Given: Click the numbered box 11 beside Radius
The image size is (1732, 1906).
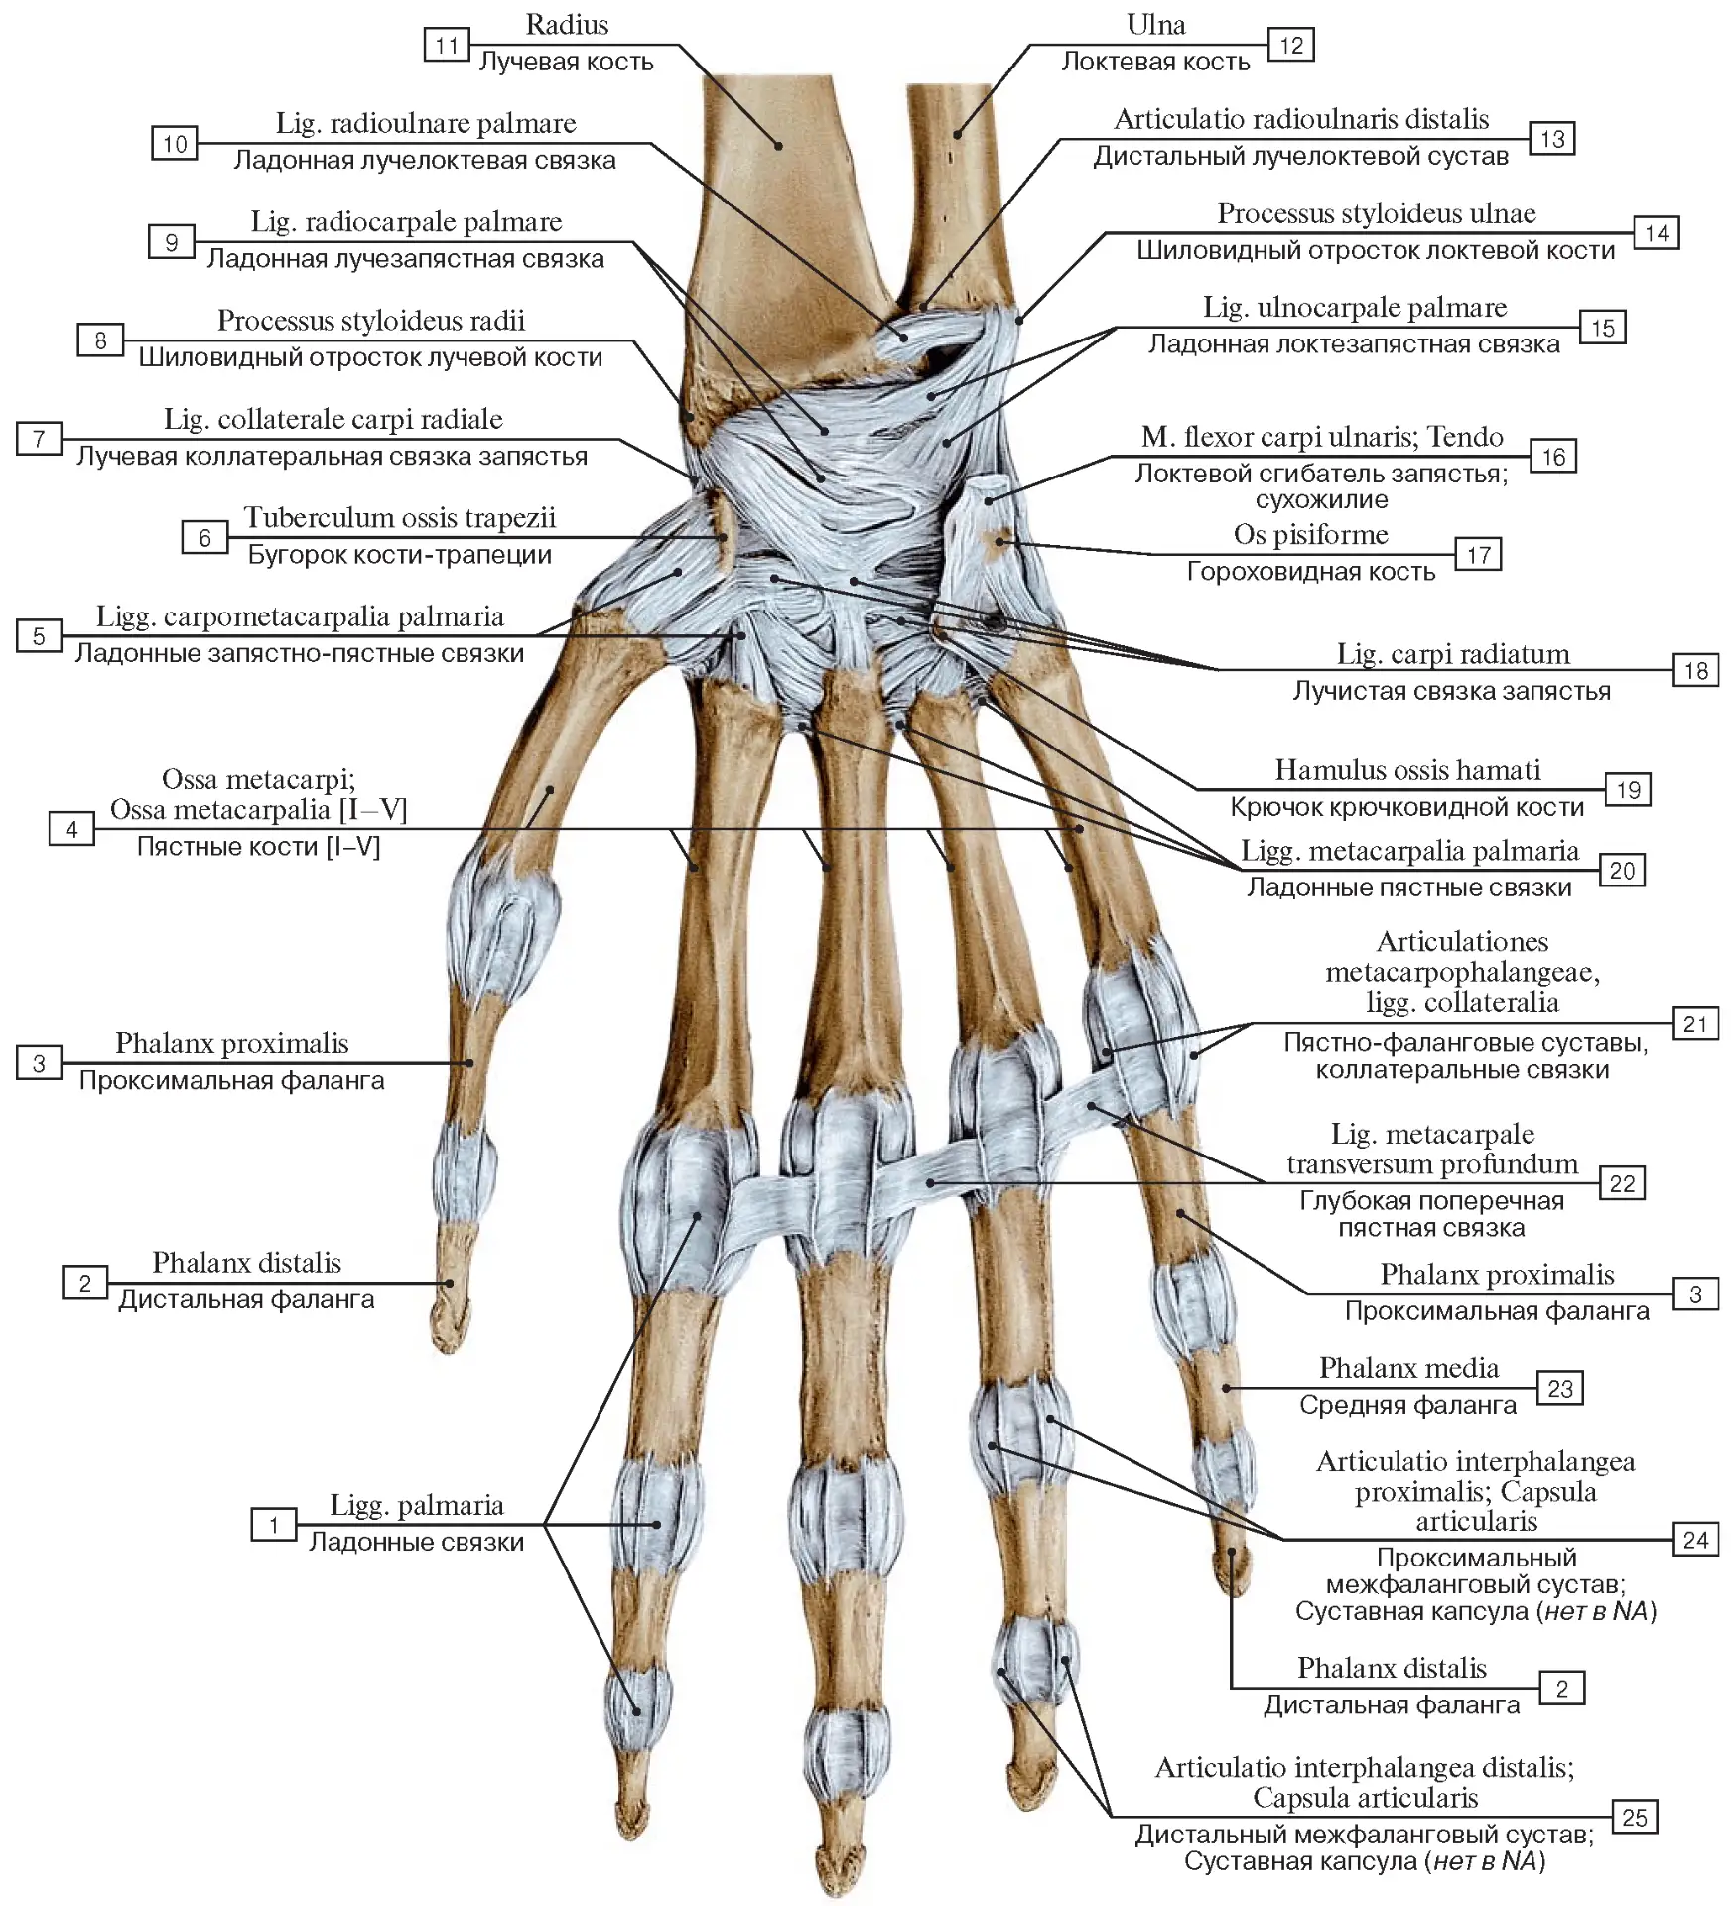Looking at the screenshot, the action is [447, 45].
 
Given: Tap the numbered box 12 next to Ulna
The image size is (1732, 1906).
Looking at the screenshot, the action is [1291, 45].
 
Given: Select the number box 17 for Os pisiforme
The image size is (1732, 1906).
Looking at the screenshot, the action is [1478, 554].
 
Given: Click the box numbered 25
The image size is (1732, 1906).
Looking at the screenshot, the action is [1634, 1817].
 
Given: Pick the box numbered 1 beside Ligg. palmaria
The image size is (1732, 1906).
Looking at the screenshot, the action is [273, 1524].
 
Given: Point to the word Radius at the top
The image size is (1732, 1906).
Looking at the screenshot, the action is [567, 24].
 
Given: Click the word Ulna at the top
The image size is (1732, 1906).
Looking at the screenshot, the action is [1155, 24].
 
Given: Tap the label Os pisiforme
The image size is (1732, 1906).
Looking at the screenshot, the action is [1310, 534].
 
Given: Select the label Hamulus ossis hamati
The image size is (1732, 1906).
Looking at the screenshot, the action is [1407, 769].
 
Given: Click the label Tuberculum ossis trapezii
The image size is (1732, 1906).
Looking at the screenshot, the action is [400, 517].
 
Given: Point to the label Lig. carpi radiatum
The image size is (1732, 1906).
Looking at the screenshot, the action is [1453, 653].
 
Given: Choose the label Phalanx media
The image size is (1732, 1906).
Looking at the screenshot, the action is [1408, 1367].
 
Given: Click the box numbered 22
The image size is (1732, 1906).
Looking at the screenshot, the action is [1622, 1182].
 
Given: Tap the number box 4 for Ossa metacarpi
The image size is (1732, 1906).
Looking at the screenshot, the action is [71, 828].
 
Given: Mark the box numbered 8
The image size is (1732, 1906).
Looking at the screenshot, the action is [100, 340].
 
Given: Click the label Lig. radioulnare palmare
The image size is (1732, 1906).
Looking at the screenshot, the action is [426, 123].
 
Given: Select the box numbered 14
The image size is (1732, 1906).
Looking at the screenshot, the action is [1657, 233].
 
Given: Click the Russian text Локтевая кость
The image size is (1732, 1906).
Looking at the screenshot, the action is [1155, 62].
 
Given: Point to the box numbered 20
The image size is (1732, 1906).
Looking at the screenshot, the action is [1622, 870].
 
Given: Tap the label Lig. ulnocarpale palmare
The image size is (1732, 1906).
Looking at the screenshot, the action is [1355, 308].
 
